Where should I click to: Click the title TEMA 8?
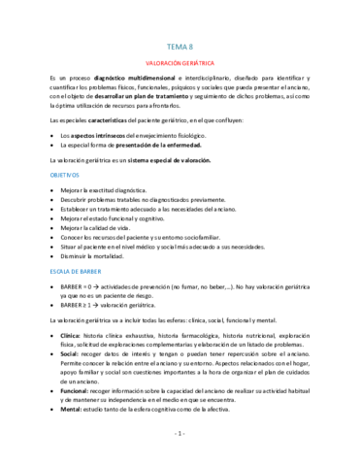[x=180, y=45]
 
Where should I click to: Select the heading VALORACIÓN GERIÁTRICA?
[x=180, y=61]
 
